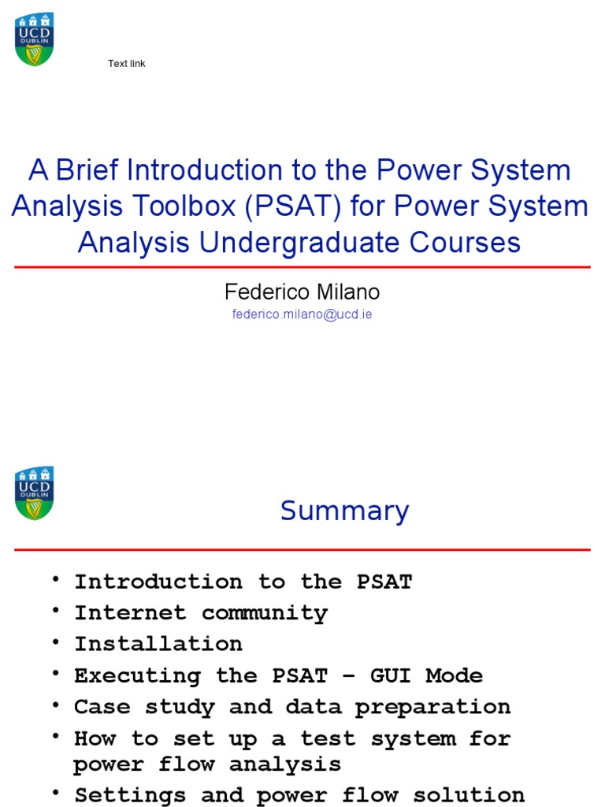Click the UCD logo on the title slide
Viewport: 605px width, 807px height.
[x=35, y=39]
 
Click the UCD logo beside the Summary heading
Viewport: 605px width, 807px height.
[x=35, y=493]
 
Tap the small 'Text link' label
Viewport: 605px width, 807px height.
[x=127, y=64]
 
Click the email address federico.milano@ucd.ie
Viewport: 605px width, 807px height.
[x=302, y=314]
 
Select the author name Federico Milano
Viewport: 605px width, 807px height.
[x=302, y=292]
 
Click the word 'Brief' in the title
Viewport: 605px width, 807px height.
[x=87, y=170]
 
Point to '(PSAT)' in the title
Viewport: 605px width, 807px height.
[x=293, y=206]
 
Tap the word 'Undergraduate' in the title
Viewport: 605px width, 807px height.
[x=299, y=243]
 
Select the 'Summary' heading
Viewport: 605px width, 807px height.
[x=345, y=511]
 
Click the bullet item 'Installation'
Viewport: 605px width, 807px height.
[x=158, y=644]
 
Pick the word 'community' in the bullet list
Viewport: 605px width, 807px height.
[x=265, y=613]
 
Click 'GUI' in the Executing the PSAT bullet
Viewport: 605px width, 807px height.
[x=391, y=675]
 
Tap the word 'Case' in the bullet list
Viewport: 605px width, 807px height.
[x=102, y=707]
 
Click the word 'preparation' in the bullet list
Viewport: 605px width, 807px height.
[x=432, y=708]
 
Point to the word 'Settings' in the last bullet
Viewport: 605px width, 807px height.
[x=130, y=795]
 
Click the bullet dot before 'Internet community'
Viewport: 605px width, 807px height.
[x=56, y=611]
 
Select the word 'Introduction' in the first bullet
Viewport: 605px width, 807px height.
[x=158, y=582]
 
